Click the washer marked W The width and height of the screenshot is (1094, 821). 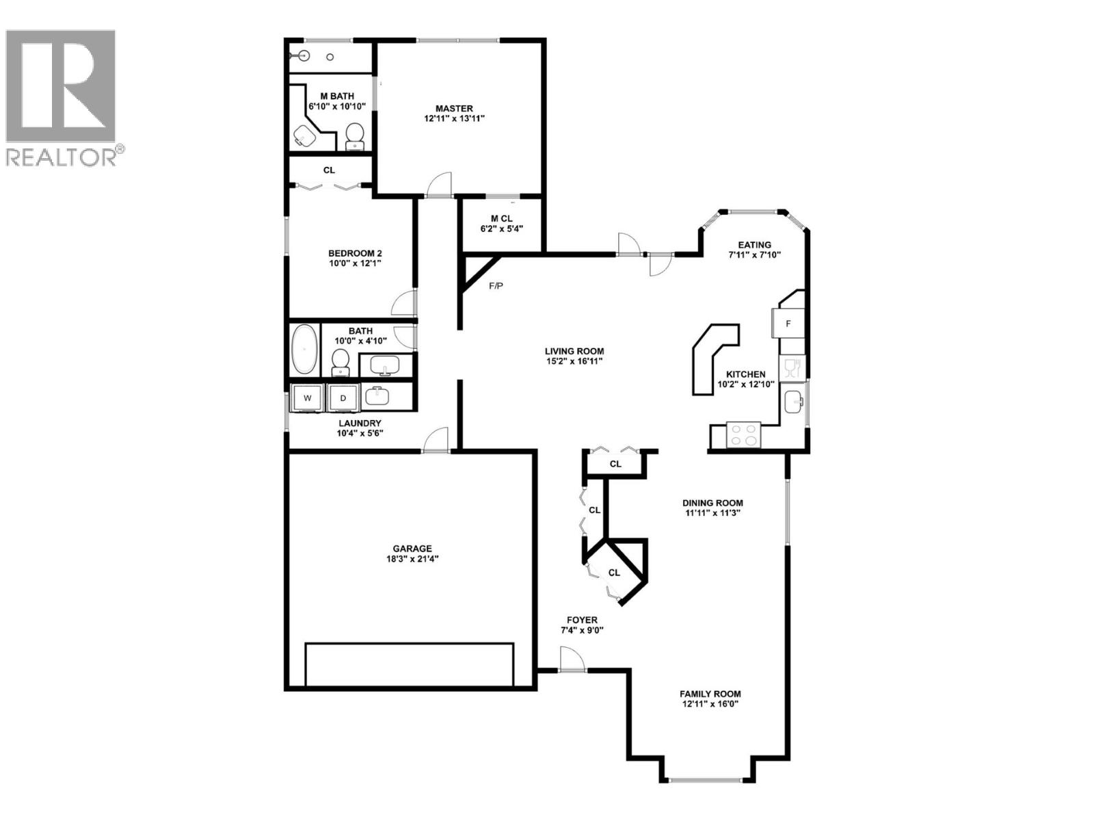(x=307, y=398)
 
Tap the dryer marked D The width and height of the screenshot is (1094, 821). (x=343, y=398)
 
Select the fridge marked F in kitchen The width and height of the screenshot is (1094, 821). (x=788, y=324)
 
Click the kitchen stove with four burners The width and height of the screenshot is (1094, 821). (x=743, y=435)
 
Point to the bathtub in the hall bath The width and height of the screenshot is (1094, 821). (x=304, y=349)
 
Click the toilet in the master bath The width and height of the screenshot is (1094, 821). (x=354, y=136)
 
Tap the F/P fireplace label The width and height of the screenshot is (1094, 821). (x=496, y=285)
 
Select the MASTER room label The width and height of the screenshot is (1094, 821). (x=454, y=109)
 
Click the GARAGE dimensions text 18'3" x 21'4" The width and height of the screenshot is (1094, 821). (x=412, y=558)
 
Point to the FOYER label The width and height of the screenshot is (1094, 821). (x=582, y=620)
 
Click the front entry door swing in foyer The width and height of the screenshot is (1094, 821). (x=572, y=660)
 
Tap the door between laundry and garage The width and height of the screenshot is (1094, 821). (x=436, y=441)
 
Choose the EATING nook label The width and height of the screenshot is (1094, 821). (x=754, y=244)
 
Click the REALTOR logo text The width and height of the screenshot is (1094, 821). (x=62, y=157)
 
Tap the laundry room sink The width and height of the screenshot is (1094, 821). (x=377, y=397)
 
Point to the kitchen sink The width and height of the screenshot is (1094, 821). (x=794, y=402)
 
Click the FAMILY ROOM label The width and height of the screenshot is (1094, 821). (x=710, y=693)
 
